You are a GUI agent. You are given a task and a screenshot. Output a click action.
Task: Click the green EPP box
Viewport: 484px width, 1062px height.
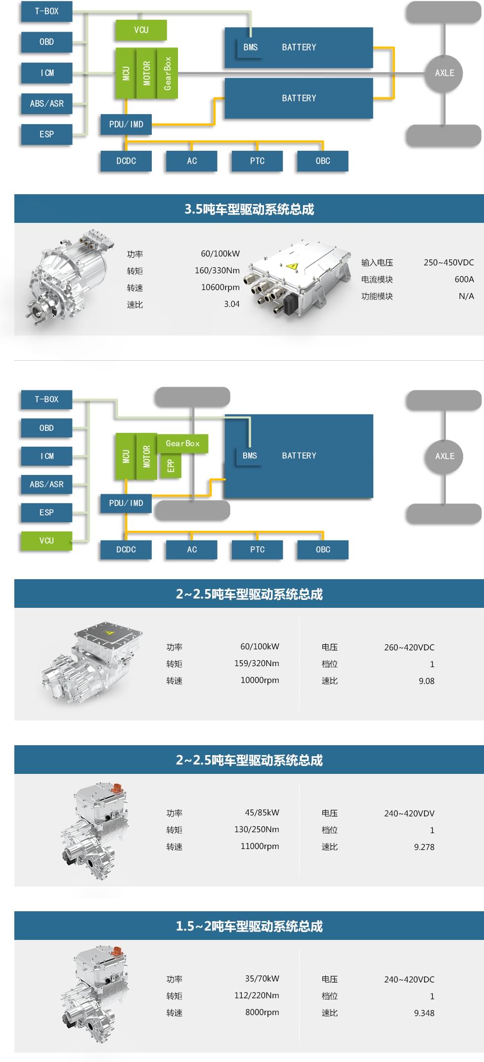click(x=171, y=466)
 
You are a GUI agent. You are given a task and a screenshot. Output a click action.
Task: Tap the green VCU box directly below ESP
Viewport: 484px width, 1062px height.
click(x=46, y=541)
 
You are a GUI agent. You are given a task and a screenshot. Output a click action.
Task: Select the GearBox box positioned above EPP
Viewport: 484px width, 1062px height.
click(x=182, y=443)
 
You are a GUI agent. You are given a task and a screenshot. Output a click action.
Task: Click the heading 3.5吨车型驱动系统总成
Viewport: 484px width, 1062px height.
click(x=249, y=209)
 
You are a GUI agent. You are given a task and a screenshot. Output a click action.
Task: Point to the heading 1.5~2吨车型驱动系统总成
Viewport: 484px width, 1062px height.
click(x=249, y=926)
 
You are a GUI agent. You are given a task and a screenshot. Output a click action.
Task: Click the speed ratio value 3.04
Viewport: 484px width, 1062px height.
click(x=231, y=304)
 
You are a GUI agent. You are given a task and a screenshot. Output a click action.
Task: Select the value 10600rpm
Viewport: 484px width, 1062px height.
click(x=220, y=288)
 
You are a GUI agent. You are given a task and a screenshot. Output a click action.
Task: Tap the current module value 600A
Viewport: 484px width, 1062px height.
click(x=464, y=279)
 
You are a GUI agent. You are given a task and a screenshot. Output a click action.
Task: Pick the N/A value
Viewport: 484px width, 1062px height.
click(x=466, y=296)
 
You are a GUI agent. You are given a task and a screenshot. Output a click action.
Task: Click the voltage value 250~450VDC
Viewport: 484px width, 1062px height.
click(x=448, y=262)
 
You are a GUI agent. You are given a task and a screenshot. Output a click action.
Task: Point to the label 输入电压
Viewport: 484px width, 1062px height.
click(x=377, y=262)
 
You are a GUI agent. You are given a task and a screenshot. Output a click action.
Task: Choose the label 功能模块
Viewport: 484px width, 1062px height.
click(x=377, y=296)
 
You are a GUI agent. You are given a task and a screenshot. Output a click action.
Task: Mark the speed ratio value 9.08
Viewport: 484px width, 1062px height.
click(x=426, y=681)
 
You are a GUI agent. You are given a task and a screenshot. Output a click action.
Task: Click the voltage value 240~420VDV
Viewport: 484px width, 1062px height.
click(x=409, y=813)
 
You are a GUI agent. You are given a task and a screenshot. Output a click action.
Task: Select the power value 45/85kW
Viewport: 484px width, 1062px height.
click(x=262, y=812)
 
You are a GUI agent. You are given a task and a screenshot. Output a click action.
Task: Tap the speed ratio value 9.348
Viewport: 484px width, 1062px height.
click(x=424, y=1013)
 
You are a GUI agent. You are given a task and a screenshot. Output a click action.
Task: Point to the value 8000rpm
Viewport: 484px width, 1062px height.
click(x=262, y=1012)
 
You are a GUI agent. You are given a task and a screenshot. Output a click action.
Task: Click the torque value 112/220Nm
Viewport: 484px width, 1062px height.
click(x=256, y=995)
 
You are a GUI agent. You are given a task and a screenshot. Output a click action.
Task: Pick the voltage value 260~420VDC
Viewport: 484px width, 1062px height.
click(x=409, y=647)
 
